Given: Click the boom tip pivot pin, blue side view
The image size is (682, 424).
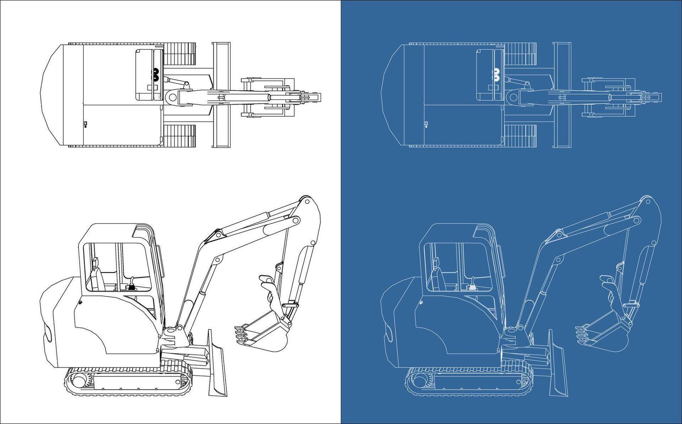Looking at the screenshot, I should pos(647,202).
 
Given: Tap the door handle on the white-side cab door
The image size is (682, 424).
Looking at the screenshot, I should pos(79,303).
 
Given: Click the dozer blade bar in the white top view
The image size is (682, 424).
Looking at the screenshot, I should pos(221,95).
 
